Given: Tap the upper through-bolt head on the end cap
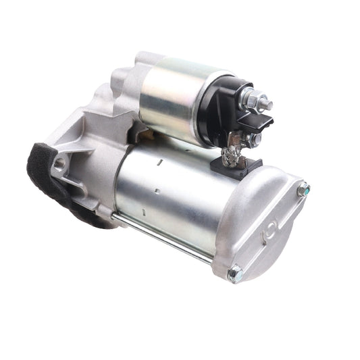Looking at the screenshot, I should [303, 190].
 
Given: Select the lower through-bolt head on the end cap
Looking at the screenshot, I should [234, 273].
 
